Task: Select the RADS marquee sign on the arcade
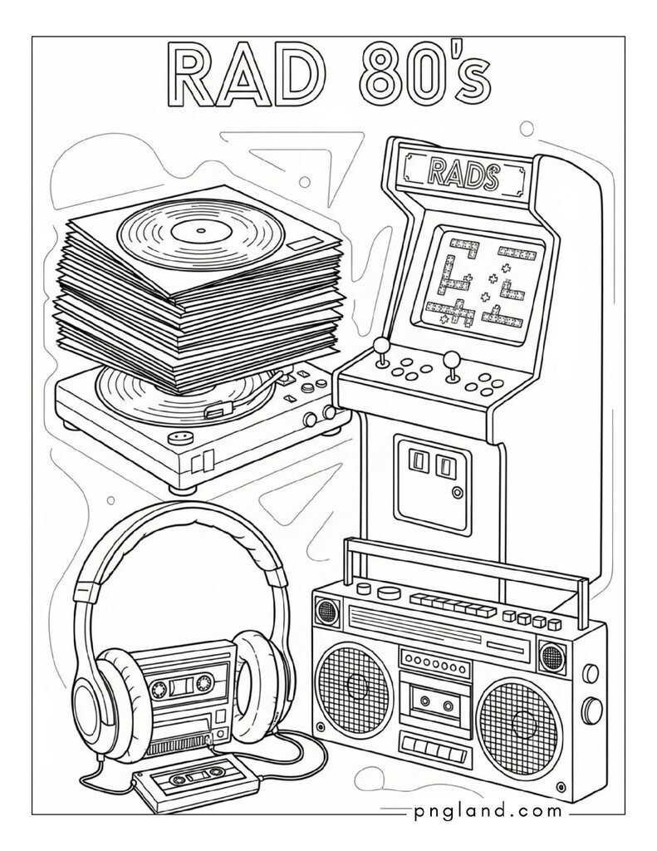(463, 176)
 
